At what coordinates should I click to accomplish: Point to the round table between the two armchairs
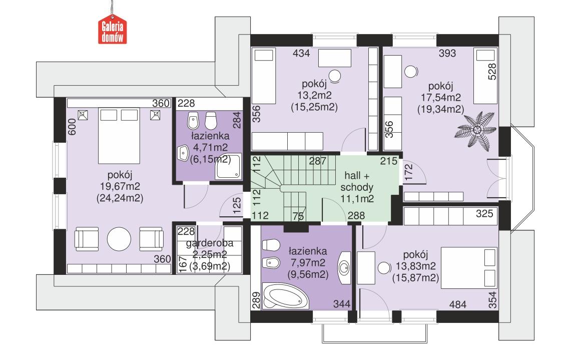click(119, 240)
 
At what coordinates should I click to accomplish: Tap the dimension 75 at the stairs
click(299, 216)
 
